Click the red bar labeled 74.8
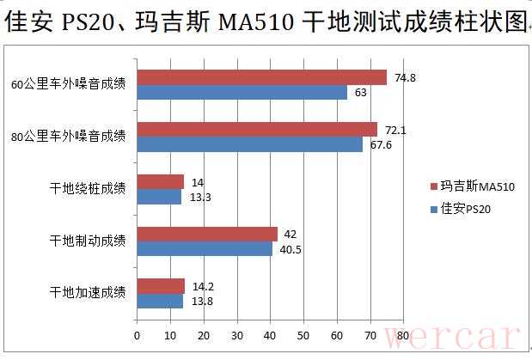(x=261, y=77)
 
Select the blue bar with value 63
(x=242, y=92)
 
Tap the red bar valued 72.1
(x=257, y=130)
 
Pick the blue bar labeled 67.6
(x=249, y=144)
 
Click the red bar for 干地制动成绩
(x=206, y=234)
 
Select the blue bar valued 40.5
(x=205, y=248)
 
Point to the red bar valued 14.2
(x=161, y=286)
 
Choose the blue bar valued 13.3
(x=159, y=197)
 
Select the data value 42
(x=290, y=234)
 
